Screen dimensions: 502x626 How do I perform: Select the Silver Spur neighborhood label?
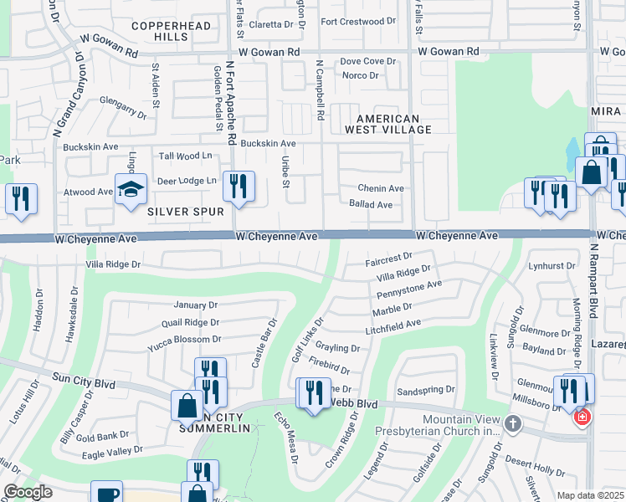[x=186, y=212]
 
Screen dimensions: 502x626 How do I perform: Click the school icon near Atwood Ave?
[x=131, y=191]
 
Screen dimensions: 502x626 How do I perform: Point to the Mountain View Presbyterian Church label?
[x=461, y=425]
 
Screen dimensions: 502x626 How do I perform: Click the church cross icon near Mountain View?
[x=514, y=425]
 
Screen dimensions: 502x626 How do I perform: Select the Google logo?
[x=27, y=492]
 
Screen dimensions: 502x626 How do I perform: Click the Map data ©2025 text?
[x=589, y=495]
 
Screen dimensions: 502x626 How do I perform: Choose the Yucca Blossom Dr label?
[x=183, y=339]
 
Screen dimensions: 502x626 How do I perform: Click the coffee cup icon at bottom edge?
[x=108, y=494]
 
